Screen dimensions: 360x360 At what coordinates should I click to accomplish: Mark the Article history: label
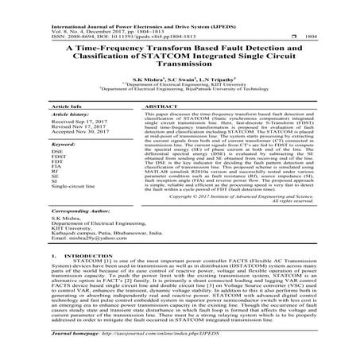click(x=48, y=116)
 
